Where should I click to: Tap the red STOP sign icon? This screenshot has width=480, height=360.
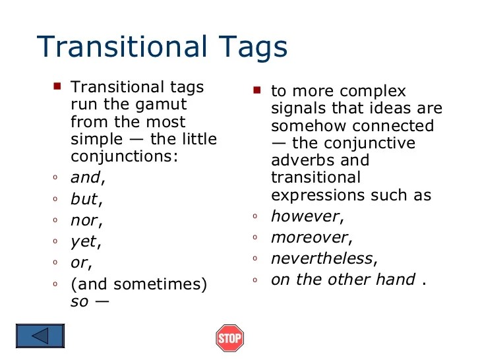(x=229, y=338)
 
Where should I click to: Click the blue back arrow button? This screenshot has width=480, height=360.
(x=41, y=336)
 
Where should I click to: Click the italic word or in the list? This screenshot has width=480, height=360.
(x=79, y=263)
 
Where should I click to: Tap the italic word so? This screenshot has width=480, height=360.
(x=78, y=302)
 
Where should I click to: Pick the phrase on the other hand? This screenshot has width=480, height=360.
(x=344, y=280)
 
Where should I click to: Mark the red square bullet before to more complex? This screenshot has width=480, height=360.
(x=257, y=90)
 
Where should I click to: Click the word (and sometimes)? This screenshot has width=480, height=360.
(x=138, y=285)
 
